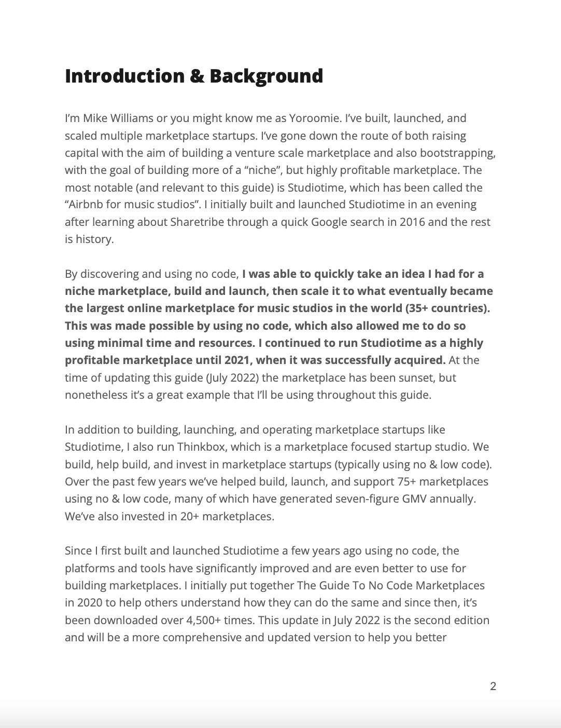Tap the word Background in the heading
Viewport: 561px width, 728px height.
tap(266, 76)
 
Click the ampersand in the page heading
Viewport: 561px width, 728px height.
tap(197, 76)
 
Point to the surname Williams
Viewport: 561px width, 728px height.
tap(132, 118)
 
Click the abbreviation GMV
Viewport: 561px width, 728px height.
tap(461, 499)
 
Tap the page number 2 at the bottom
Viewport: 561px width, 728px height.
tap(493, 686)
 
